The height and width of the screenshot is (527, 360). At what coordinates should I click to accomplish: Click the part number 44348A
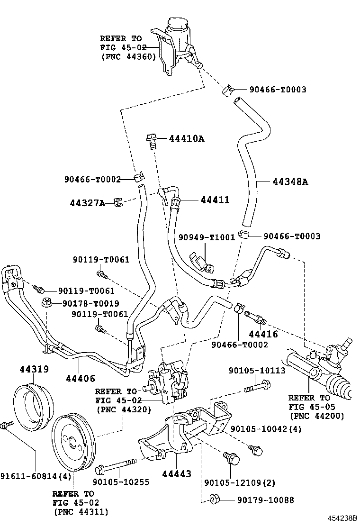290,182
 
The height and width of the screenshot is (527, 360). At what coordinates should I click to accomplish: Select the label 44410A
187,138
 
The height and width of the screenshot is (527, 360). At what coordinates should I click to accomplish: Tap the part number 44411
215,200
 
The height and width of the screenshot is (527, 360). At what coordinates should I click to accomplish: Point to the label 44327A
88,203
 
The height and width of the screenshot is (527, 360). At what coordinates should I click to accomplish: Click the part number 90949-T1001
207,237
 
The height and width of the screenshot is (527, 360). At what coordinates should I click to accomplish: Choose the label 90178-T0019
90,303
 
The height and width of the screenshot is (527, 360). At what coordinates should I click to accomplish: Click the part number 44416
263,334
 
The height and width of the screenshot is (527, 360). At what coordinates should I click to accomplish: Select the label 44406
81,379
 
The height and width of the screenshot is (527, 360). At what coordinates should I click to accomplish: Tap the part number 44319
34,369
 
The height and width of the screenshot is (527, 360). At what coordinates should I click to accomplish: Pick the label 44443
177,474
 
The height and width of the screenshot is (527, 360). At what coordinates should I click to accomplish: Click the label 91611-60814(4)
36,476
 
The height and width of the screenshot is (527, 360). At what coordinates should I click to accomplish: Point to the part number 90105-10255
121,482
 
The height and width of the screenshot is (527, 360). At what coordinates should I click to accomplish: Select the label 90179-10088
266,500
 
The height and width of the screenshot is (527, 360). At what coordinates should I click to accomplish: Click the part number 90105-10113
257,371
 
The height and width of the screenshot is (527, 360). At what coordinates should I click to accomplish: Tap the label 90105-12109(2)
240,483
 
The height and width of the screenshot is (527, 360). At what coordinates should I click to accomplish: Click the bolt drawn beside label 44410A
152,141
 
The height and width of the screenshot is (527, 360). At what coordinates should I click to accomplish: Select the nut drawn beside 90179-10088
213,500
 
